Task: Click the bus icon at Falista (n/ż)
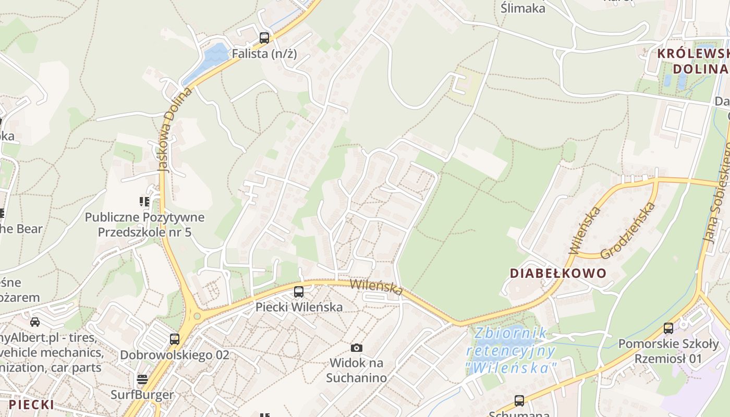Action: point(264,38)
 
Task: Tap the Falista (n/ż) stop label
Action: point(264,53)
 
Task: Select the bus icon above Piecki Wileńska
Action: point(299,292)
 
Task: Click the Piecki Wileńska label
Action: point(299,307)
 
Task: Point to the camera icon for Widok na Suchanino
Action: point(357,348)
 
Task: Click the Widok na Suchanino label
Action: point(357,370)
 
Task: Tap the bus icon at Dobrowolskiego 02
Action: point(175,339)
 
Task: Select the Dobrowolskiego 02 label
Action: point(175,355)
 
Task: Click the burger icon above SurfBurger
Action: point(142,379)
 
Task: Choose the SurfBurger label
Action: point(142,395)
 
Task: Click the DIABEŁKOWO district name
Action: point(558,273)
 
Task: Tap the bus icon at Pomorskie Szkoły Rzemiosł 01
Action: point(668,328)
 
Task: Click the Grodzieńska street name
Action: point(628,231)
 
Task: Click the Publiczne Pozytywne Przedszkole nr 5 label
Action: point(144,225)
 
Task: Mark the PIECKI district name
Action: point(31,404)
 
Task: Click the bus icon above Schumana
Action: point(519,400)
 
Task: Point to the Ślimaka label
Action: point(522,8)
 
